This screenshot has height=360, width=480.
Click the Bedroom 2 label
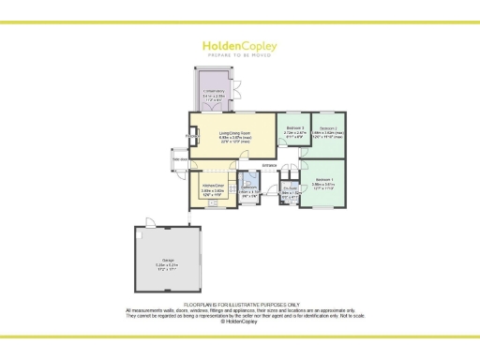(327, 130)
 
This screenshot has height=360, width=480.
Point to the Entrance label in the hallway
(269, 167)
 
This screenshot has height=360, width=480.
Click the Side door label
(179, 160)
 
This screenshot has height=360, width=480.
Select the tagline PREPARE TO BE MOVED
(239, 54)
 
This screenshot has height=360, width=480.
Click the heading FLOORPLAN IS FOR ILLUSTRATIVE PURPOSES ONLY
(239, 304)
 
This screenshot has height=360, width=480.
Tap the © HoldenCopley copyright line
(239, 322)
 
